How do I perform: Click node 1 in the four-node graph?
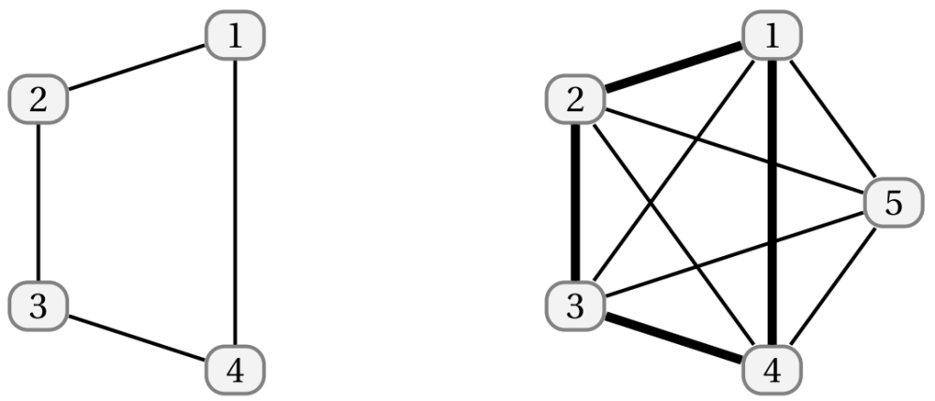[235, 36]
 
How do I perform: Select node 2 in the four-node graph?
[38, 99]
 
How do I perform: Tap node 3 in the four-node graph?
[38, 307]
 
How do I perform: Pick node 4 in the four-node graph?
[235, 369]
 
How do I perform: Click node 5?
[893, 203]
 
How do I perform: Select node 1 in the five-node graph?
[772, 36]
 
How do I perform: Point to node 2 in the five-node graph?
[575, 99]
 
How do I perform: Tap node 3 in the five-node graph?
[575, 307]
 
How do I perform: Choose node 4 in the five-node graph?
[772, 369]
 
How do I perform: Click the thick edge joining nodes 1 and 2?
[674, 67]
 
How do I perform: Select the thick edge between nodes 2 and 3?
[575, 203]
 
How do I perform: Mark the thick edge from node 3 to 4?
[674, 337]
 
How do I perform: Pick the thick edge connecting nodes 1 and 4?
[772, 203]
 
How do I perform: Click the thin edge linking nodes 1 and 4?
[235, 203]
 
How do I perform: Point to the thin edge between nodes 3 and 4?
[137, 337]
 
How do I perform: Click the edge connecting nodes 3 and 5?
[734, 254]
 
